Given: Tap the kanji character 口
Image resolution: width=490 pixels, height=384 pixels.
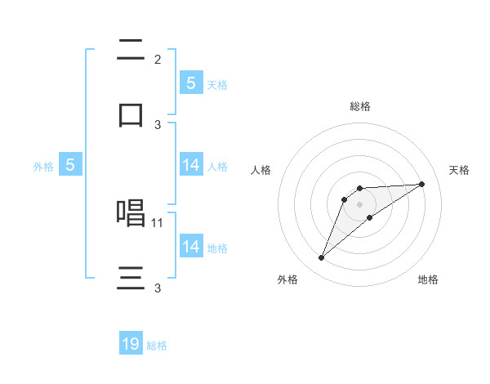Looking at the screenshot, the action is [131, 114].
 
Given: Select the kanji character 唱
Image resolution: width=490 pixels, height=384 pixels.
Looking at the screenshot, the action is [131, 213].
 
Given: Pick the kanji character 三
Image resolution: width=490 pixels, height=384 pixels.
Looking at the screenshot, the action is [131, 278].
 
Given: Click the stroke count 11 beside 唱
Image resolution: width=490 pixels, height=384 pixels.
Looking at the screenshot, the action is [158, 222].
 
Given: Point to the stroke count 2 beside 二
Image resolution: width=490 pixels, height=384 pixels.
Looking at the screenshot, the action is [158, 60].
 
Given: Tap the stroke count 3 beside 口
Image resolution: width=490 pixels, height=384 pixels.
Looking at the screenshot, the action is [158, 125].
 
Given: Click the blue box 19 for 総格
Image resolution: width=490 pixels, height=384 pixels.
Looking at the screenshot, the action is [131, 344].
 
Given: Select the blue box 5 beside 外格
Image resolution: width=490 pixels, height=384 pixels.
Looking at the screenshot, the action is [70, 165].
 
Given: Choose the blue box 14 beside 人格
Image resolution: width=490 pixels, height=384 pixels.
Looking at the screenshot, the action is [191, 165].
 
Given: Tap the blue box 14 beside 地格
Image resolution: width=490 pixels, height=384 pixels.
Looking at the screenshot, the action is [191, 247].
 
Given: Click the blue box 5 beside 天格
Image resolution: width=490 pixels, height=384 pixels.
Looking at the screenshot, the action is [191, 83].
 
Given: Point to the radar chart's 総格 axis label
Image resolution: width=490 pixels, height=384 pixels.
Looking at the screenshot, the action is [360, 106].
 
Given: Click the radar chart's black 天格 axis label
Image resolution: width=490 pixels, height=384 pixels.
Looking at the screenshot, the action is [460, 170].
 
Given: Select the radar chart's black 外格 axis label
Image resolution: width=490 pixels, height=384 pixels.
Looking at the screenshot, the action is [287, 279].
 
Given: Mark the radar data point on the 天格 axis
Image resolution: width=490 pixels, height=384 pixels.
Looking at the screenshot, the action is [422, 184].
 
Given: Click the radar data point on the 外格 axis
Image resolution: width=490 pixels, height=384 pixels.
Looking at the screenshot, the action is [321, 258].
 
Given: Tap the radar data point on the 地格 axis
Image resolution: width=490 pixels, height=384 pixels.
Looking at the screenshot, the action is [370, 217].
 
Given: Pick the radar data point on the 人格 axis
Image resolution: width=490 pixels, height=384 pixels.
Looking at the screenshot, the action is [345, 199].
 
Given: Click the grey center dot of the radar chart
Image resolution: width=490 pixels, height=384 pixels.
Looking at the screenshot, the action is [360, 204].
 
